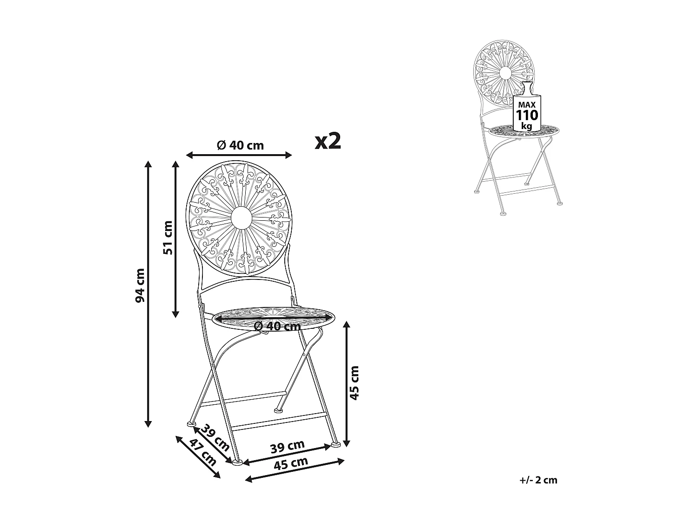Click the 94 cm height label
(x=140, y=285)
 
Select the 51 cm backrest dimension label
(x=168, y=238)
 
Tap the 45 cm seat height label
(x=355, y=382)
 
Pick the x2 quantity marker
(x=328, y=141)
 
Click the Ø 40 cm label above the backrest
(x=240, y=145)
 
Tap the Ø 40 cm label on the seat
(x=278, y=327)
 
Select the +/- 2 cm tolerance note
(x=539, y=480)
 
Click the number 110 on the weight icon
(x=527, y=115)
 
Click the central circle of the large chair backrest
(x=241, y=217)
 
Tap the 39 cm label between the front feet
(x=288, y=447)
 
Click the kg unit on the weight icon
(x=527, y=126)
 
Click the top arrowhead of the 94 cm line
(x=148, y=163)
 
